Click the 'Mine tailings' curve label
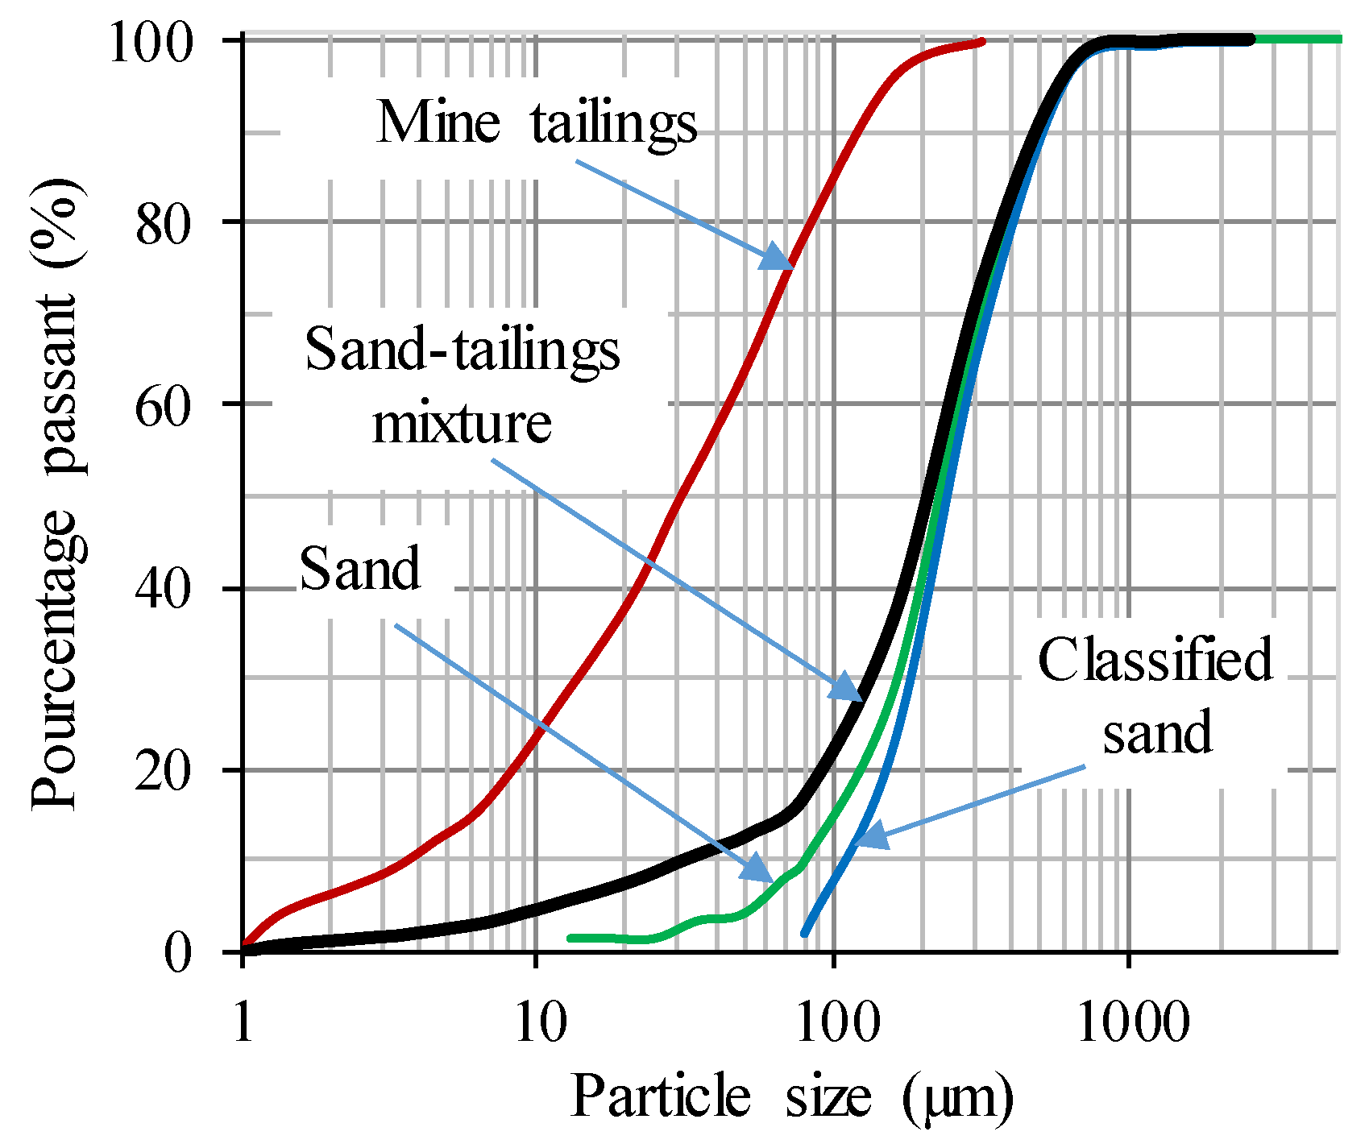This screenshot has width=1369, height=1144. (x=537, y=123)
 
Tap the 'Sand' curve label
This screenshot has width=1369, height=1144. (x=359, y=569)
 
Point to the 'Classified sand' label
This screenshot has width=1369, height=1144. (x=1155, y=695)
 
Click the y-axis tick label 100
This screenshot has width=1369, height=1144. (x=151, y=42)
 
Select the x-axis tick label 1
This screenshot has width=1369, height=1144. (x=243, y=1023)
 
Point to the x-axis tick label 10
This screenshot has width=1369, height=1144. (x=535, y=1023)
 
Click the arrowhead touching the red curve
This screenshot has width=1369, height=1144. (x=778, y=258)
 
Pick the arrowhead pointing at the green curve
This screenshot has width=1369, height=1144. (x=759, y=870)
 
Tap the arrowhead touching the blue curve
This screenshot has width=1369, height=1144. (x=870, y=835)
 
